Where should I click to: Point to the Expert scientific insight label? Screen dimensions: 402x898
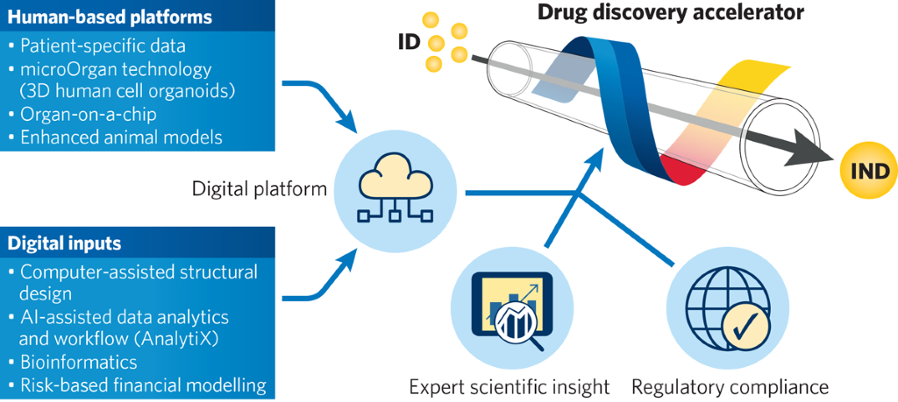click(x=510, y=386)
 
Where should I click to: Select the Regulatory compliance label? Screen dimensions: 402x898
click(x=730, y=386)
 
